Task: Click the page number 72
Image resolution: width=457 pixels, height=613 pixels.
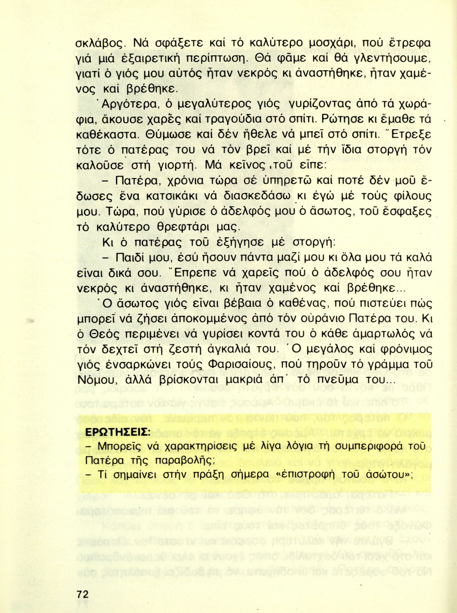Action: [82, 594]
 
